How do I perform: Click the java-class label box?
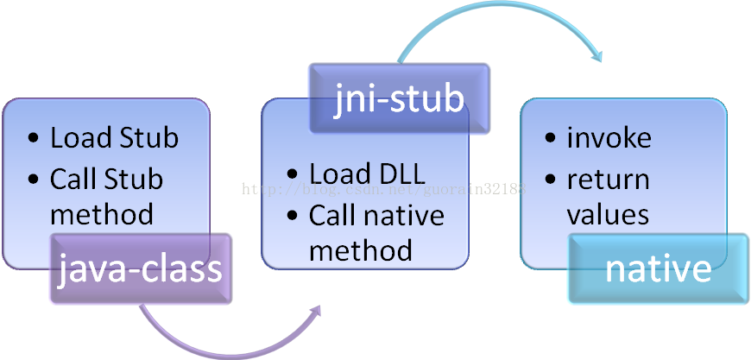(141, 268)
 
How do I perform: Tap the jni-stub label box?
(399, 99)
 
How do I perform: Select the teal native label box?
(658, 268)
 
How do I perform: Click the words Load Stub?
(114, 137)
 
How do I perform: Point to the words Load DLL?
(367, 174)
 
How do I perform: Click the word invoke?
(609, 137)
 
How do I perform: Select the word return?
(608, 180)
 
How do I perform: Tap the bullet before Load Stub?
(33, 138)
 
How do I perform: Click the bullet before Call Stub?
(33, 180)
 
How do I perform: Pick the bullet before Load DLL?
(293, 174)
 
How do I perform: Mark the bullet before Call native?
(293, 216)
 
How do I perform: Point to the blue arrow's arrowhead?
(596, 55)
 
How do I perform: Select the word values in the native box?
(608, 214)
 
